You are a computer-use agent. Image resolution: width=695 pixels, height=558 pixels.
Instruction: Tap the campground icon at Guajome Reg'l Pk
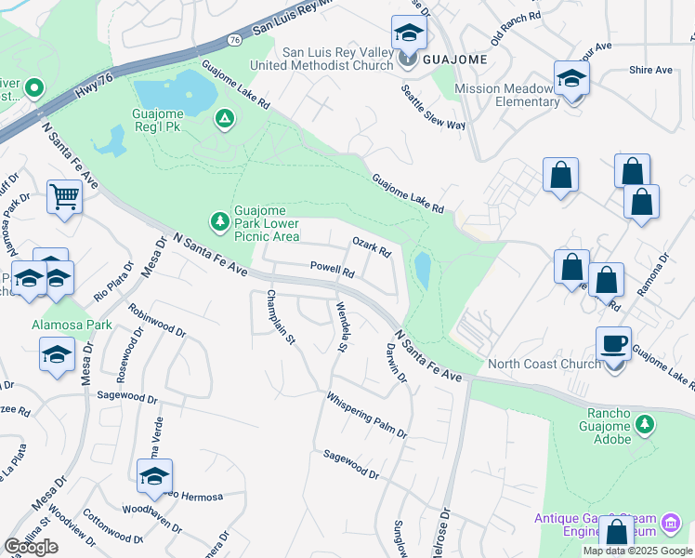click(223, 118)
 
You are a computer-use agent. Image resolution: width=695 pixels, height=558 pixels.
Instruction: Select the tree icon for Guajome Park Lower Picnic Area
click(220, 221)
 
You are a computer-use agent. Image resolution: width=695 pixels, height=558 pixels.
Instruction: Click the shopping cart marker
click(64, 195)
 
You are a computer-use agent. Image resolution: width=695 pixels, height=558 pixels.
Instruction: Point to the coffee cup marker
click(613, 343)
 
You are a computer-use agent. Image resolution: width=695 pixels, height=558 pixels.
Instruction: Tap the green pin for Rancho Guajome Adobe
click(645, 425)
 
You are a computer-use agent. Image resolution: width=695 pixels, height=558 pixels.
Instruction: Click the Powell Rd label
click(333, 272)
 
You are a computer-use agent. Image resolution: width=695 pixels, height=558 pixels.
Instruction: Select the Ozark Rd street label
click(371, 247)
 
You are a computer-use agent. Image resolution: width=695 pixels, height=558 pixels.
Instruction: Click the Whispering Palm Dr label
click(366, 415)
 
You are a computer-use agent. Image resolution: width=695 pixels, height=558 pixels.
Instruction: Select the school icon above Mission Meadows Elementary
click(571, 78)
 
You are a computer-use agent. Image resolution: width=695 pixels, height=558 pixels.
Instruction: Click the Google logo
click(31, 547)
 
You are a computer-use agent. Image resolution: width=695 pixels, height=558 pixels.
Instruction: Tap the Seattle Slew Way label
click(433, 109)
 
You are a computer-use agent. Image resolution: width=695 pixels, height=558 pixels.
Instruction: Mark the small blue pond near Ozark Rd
click(423, 270)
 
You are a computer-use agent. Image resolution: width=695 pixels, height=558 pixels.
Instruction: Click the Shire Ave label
click(649, 70)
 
